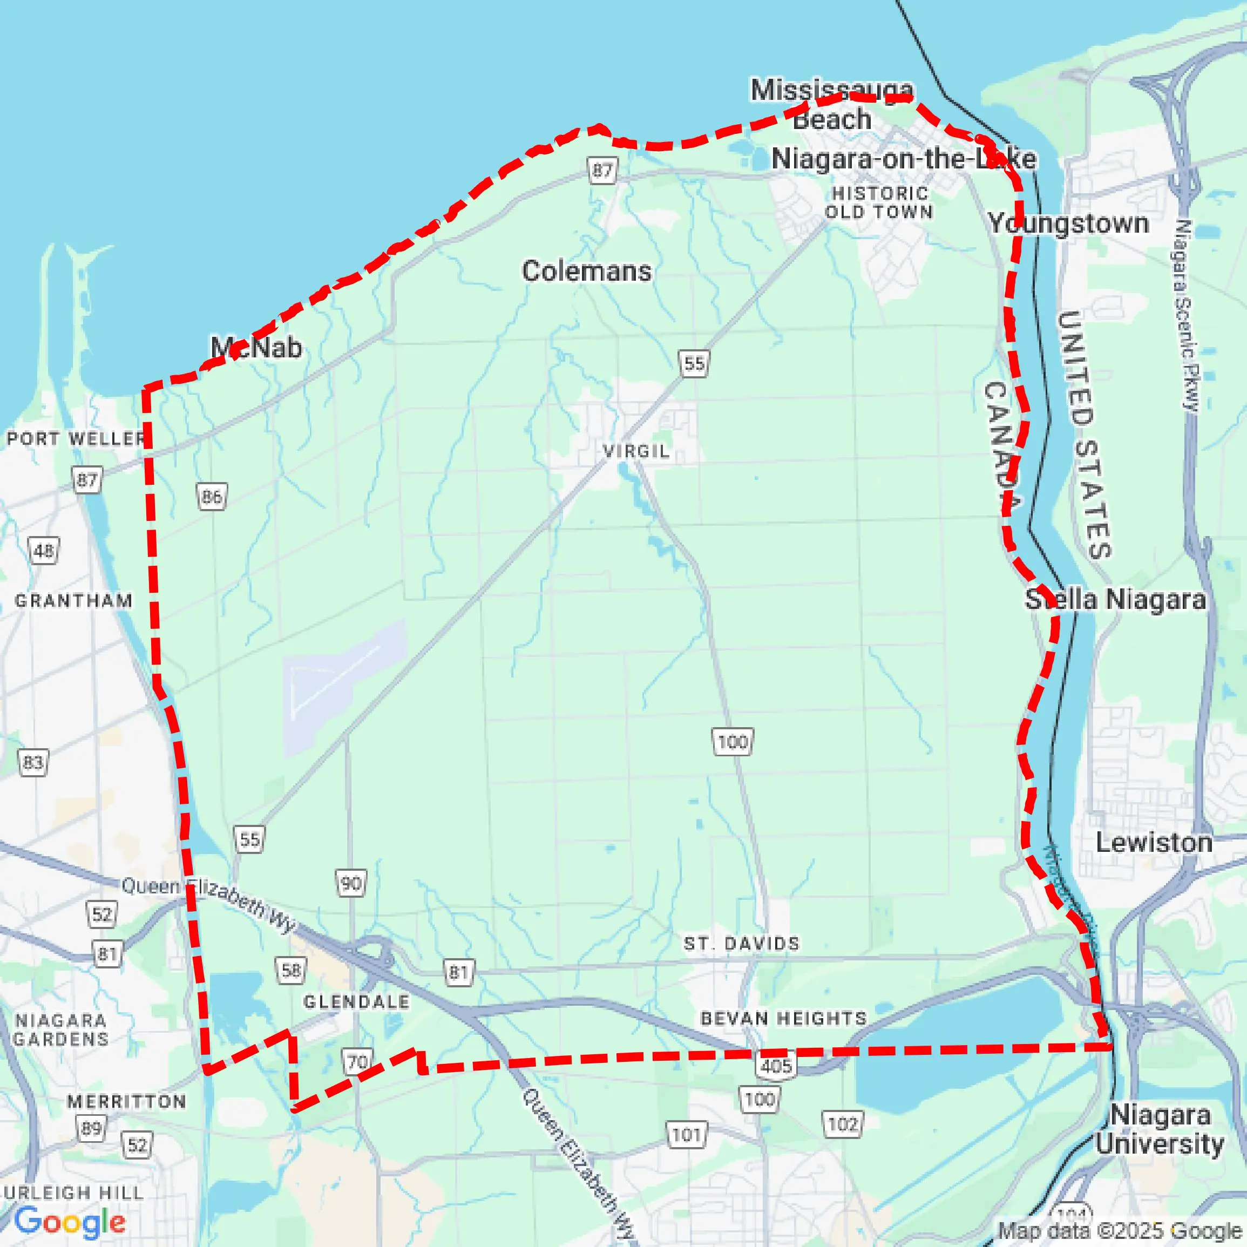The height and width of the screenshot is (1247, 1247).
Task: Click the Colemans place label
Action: coord(586,271)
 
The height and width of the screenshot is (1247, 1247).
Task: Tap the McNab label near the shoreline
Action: coord(256,348)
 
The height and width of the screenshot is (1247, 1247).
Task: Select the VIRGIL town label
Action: coord(636,451)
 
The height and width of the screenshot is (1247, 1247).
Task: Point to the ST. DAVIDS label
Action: coord(742,944)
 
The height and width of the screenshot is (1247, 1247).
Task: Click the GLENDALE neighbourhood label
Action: coord(356,1002)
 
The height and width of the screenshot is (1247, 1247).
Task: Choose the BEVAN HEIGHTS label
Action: coord(784,1019)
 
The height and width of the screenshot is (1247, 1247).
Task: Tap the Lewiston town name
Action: coord(1154,843)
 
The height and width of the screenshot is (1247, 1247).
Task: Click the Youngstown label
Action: coord(1068,224)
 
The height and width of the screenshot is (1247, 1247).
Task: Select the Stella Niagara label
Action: coord(1115,600)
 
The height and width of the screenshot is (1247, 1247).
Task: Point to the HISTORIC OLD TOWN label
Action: coord(879,202)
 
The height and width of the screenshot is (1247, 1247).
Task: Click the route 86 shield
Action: coord(212,496)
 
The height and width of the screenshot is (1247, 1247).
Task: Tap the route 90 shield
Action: coord(350,883)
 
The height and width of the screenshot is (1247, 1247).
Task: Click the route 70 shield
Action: coord(357,1062)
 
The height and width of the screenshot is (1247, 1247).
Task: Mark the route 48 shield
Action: coord(44,551)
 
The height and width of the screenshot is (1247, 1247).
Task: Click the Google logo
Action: coord(70,1222)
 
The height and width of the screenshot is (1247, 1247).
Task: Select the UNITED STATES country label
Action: coord(1085,433)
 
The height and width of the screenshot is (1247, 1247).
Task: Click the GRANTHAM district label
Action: coord(73,601)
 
